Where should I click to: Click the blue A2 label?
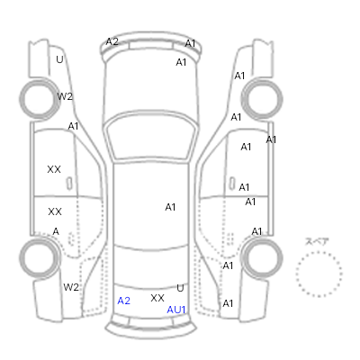[123, 301]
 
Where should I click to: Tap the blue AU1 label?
[176, 310]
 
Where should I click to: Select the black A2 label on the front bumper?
[112, 41]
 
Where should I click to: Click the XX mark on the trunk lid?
[157, 298]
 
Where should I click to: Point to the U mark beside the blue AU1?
[180, 288]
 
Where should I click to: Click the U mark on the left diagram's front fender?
[59, 59]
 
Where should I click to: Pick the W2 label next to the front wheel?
[65, 96]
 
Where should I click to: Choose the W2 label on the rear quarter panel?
[71, 287]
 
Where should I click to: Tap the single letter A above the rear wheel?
[56, 231]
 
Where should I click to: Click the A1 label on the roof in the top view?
[170, 207]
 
